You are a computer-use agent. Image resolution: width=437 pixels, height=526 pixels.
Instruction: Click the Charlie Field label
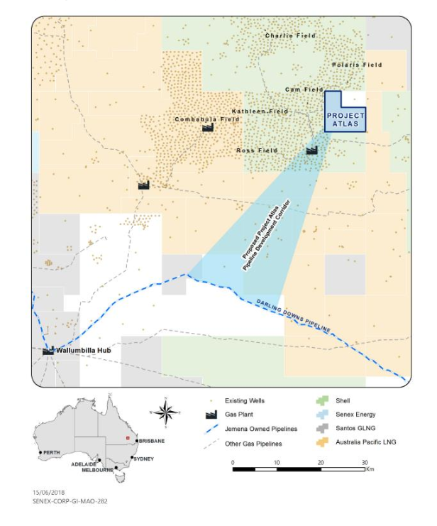[x=288, y=35]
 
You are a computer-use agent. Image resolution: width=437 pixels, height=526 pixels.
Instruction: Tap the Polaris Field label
[x=357, y=65]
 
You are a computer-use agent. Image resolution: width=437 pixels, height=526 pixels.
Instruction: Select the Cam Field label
[x=304, y=89]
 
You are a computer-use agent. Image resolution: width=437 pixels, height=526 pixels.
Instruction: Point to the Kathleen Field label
[x=260, y=111]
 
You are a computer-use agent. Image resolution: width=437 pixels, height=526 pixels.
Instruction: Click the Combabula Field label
[x=207, y=119]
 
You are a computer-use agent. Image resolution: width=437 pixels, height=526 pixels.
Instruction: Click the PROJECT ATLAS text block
[x=345, y=119]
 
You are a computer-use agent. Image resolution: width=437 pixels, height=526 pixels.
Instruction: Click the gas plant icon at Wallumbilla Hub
[x=48, y=350]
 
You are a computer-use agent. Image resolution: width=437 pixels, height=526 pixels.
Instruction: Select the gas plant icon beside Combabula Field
[x=208, y=128]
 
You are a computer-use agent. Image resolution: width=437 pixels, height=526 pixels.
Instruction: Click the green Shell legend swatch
[x=321, y=401]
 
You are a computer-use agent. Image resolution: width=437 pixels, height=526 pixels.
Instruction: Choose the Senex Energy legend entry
[x=354, y=415]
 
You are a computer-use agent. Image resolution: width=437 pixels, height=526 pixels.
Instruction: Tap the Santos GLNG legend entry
[x=354, y=428]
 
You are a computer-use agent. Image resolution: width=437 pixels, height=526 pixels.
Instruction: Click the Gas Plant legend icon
[x=211, y=415]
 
